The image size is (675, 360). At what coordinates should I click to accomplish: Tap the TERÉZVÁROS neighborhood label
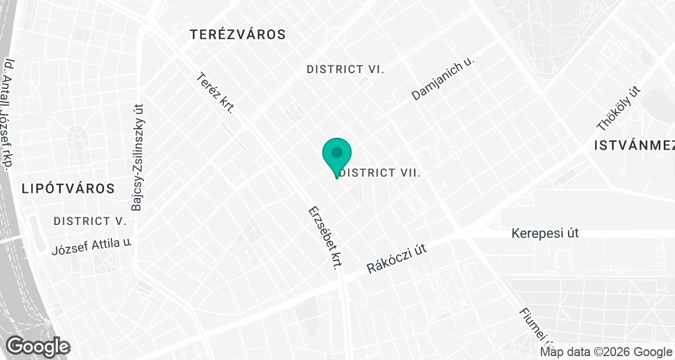coord(238,34)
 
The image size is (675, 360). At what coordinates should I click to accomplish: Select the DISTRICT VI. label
coord(345,69)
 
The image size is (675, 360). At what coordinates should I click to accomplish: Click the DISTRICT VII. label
coord(381,173)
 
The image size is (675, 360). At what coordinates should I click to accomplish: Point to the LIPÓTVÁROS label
coord(68,188)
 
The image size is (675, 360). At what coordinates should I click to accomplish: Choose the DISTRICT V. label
coord(90,221)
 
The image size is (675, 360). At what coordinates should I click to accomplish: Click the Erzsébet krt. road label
coord(325,238)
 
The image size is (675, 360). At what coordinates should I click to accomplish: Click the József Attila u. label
coord(91,246)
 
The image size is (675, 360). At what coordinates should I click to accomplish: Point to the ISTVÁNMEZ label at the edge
coord(634,146)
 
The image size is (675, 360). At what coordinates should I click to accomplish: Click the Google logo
coord(38,346)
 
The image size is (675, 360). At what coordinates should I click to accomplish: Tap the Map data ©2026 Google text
coord(605,352)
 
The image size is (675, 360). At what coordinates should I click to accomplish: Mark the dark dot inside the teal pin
coord(337,152)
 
